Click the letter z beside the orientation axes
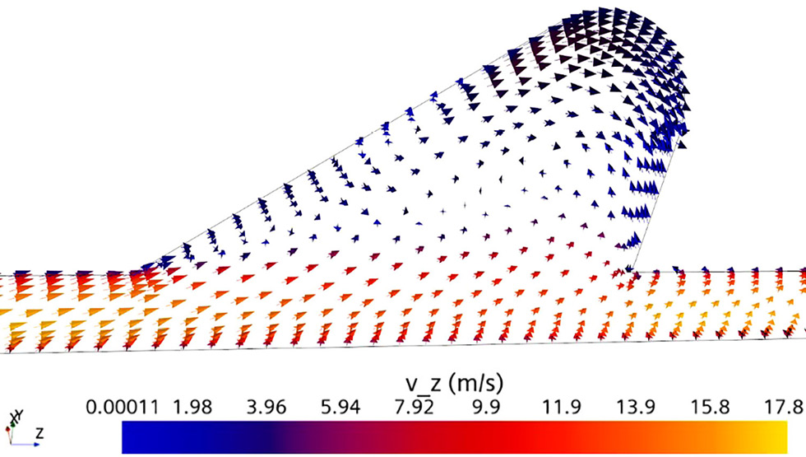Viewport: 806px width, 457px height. tap(39, 432)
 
